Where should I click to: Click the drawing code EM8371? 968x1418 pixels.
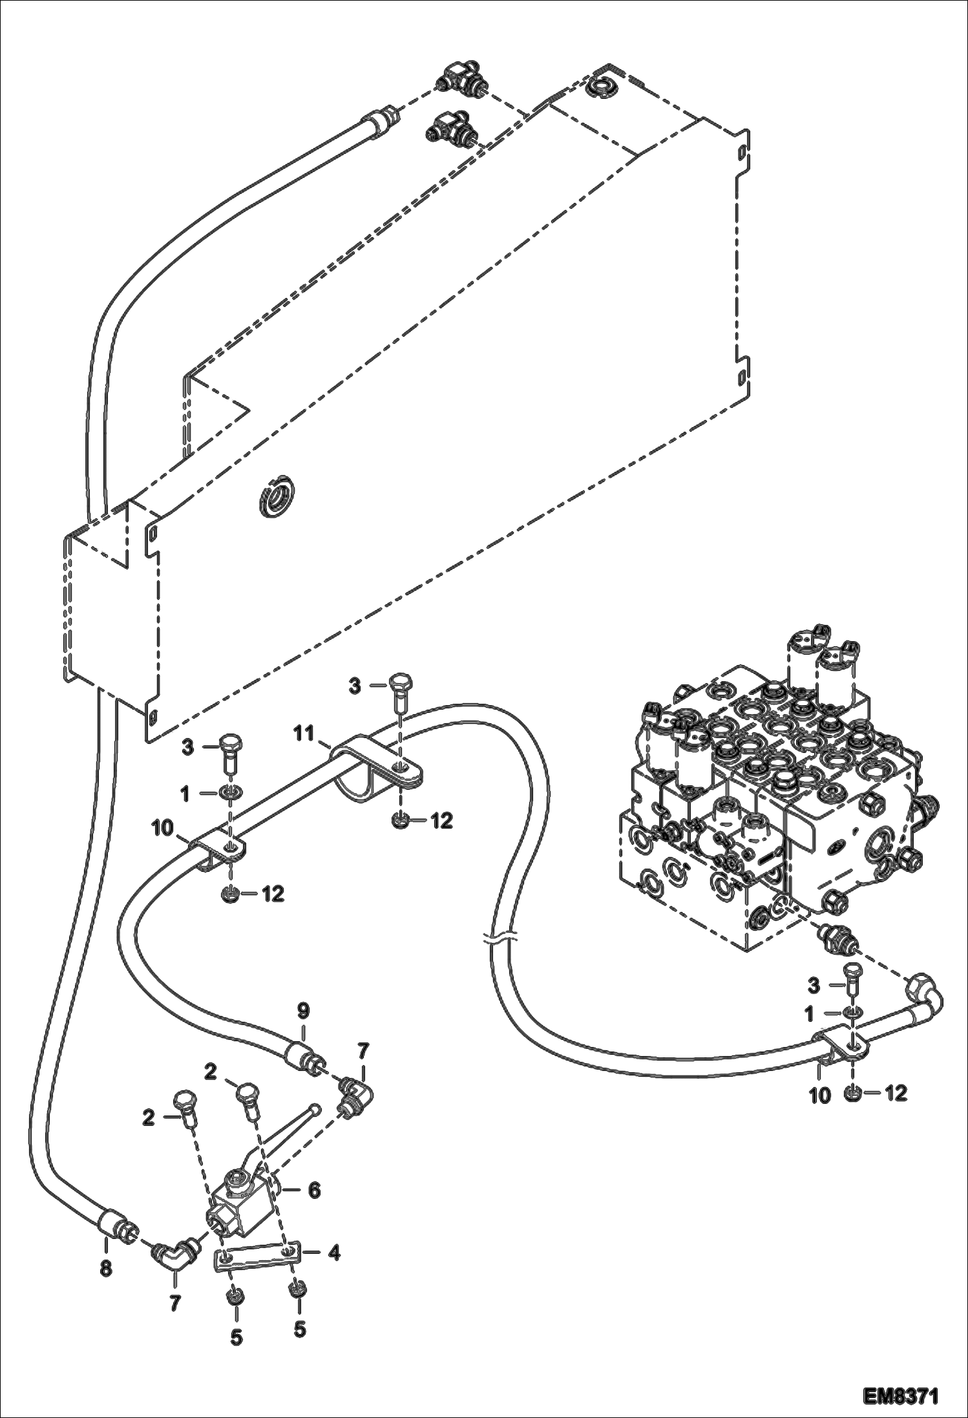coord(901,1392)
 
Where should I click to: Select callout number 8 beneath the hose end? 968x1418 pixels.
coord(106,1269)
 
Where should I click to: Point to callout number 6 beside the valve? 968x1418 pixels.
coord(313,1190)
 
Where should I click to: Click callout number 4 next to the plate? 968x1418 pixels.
coord(333,1253)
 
